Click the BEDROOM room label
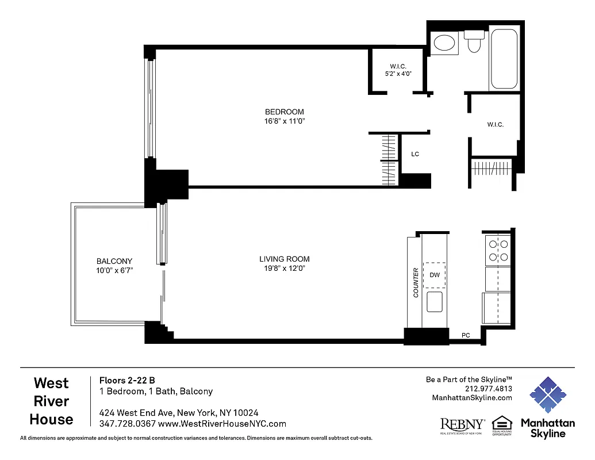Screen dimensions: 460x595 (284, 112)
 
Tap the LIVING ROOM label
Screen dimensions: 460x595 (284, 259)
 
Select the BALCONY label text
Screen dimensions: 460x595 (114, 261)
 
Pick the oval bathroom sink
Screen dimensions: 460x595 (444, 43)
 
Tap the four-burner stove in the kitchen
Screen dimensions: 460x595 (498, 250)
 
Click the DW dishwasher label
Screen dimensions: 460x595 (435, 275)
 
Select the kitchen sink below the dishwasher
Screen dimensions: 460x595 (435, 301)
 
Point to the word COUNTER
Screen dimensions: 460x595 (416, 282)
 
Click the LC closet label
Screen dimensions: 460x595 (414, 154)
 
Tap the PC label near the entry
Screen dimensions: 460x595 (466, 335)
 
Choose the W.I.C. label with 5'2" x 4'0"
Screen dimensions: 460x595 (398, 66)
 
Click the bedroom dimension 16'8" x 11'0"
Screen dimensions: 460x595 (284, 121)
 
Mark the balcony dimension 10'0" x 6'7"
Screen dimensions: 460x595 (114, 270)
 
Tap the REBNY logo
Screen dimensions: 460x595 (462, 425)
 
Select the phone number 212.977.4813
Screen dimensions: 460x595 (489, 389)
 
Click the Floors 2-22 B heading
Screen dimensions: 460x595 (127, 380)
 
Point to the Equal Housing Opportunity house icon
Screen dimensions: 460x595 (502, 423)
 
